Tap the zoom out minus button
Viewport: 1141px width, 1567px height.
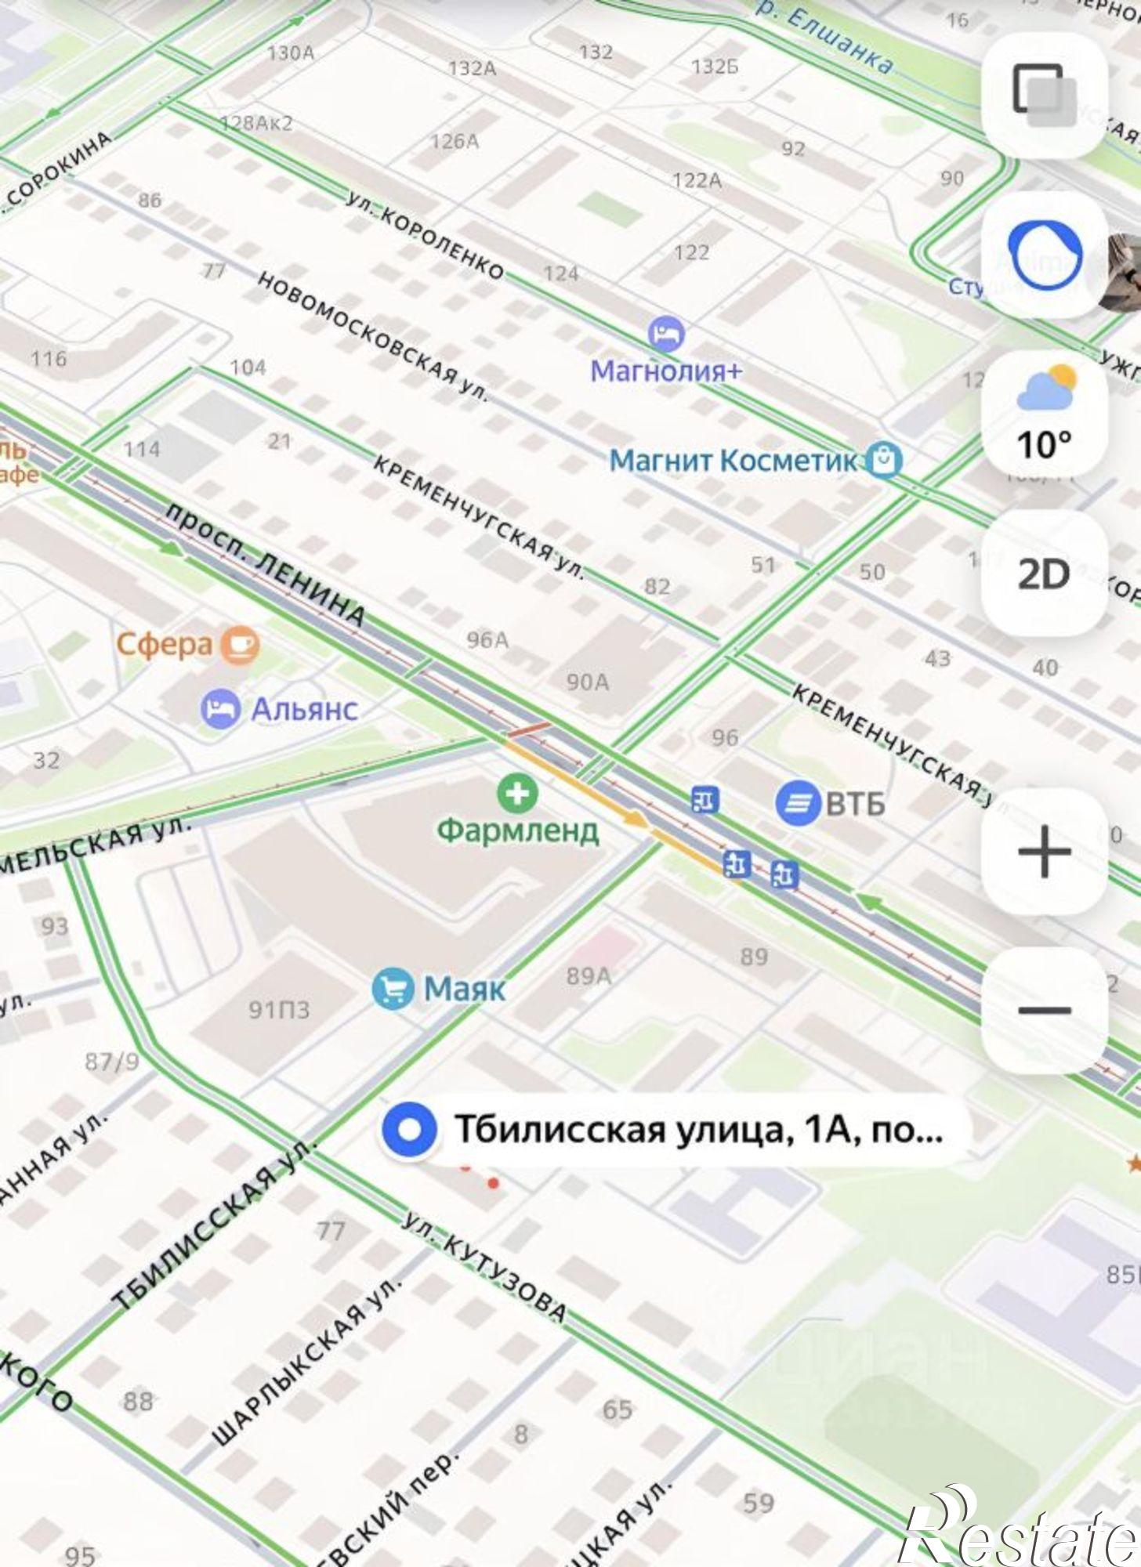(x=1044, y=1009)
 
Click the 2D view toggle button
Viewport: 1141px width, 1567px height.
(x=1044, y=574)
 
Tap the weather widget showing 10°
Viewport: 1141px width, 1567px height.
(x=1044, y=414)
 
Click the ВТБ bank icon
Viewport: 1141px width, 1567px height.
(x=798, y=804)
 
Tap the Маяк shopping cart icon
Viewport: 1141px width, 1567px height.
(x=393, y=989)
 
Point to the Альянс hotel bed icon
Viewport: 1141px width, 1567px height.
(x=220, y=710)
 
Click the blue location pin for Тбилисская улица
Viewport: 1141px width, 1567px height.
(x=409, y=1130)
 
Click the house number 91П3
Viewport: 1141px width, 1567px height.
(x=279, y=1010)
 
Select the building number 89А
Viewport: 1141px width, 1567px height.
(x=589, y=976)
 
